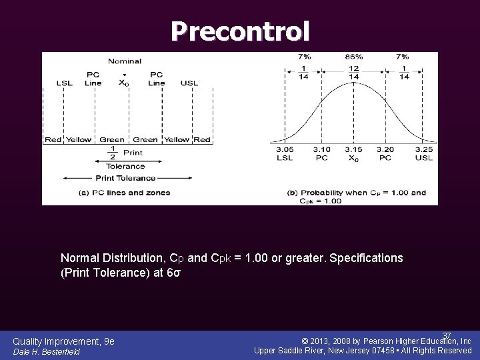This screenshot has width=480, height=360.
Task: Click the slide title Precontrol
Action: [x=240, y=31]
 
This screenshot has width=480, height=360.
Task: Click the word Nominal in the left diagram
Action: [x=125, y=61]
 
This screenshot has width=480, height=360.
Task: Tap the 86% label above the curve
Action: [x=354, y=57]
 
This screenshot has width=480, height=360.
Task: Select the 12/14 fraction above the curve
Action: [x=354, y=73]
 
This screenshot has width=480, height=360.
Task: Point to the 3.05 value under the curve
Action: [x=285, y=150]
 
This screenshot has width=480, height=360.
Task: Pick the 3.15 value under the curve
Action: [x=354, y=150]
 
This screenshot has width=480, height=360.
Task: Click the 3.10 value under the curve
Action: [x=321, y=150]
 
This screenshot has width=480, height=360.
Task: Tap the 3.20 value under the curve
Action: [x=386, y=150]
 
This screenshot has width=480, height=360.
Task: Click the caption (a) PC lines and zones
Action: [x=125, y=193]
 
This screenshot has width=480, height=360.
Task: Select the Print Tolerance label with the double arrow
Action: [x=125, y=178]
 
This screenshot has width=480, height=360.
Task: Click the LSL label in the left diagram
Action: [x=65, y=83]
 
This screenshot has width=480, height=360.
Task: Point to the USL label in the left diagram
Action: [x=189, y=83]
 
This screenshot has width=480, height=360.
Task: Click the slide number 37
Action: [x=447, y=335]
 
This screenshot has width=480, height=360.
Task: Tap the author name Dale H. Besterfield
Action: [x=47, y=351]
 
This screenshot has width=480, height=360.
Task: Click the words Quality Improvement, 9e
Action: [x=63, y=341]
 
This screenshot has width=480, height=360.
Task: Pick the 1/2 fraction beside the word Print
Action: [x=113, y=153]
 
